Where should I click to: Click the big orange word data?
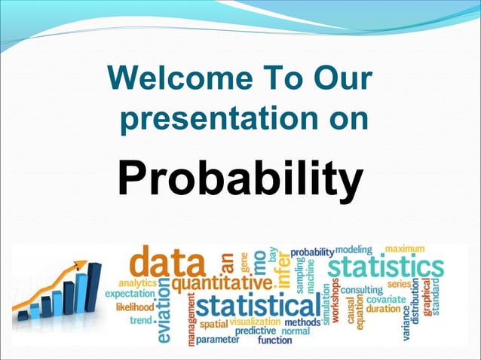[x=168, y=264]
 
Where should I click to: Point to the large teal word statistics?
[x=386, y=267]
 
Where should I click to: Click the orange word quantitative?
[x=221, y=284]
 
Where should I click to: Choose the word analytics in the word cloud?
[x=136, y=282]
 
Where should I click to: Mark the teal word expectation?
[x=130, y=294]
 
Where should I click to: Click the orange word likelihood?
[x=134, y=307]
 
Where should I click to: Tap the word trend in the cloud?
[x=141, y=320]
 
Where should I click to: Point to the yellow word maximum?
[x=405, y=249]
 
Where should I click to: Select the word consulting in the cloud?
[x=362, y=290]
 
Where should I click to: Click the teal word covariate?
[x=386, y=300]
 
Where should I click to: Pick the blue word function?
[x=274, y=340]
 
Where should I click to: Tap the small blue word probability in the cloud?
[x=312, y=251]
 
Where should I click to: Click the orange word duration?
[x=383, y=309]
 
